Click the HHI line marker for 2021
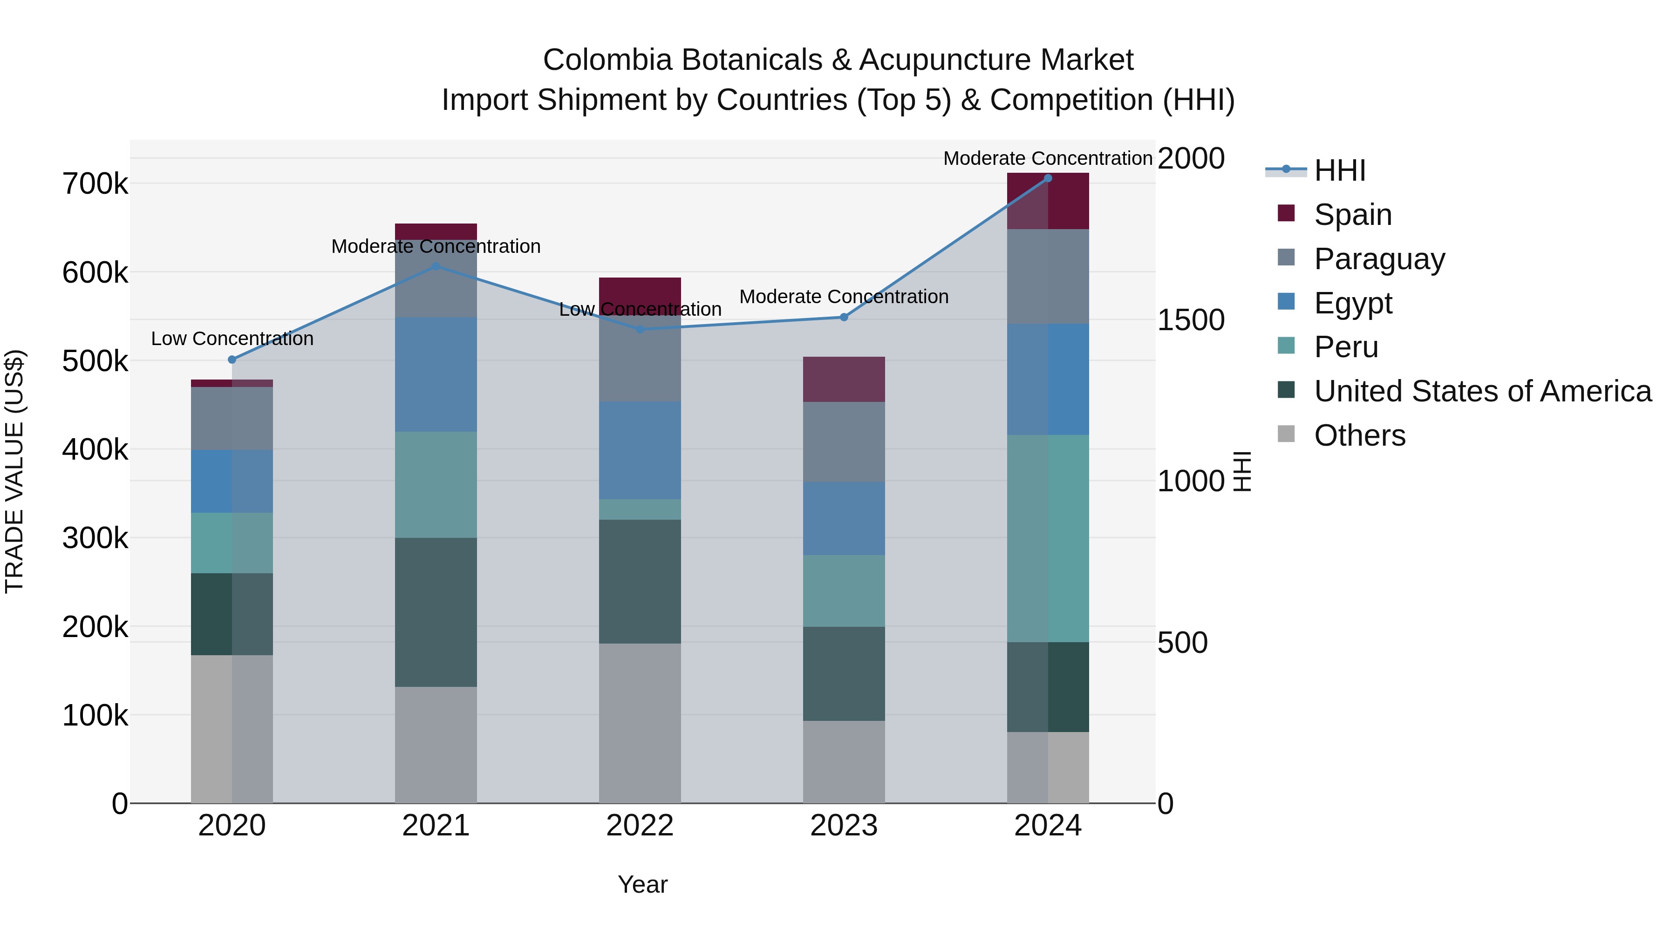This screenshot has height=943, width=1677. (x=436, y=266)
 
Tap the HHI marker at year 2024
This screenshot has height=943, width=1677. (x=1048, y=178)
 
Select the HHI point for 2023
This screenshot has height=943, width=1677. (x=844, y=317)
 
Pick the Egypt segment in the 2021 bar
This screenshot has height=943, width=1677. (x=436, y=374)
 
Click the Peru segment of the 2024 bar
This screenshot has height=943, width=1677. (x=1048, y=538)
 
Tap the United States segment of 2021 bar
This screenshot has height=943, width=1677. (x=436, y=612)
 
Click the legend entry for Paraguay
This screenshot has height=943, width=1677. (x=1379, y=259)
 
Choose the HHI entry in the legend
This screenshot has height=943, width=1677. (x=1339, y=170)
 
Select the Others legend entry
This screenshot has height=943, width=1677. (x=1359, y=435)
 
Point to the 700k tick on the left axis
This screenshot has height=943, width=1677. (x=95, y=184)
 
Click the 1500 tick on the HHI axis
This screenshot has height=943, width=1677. (x=1191, y=319)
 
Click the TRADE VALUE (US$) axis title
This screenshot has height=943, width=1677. (x=14, y=471)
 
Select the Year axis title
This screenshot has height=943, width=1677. (x=642, y=884)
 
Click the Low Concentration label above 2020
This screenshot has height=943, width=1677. (x=232, y=339)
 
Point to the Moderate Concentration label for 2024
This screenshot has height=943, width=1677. (x=1048, y=158)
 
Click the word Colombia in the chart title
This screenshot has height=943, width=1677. (x=607, y=60)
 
